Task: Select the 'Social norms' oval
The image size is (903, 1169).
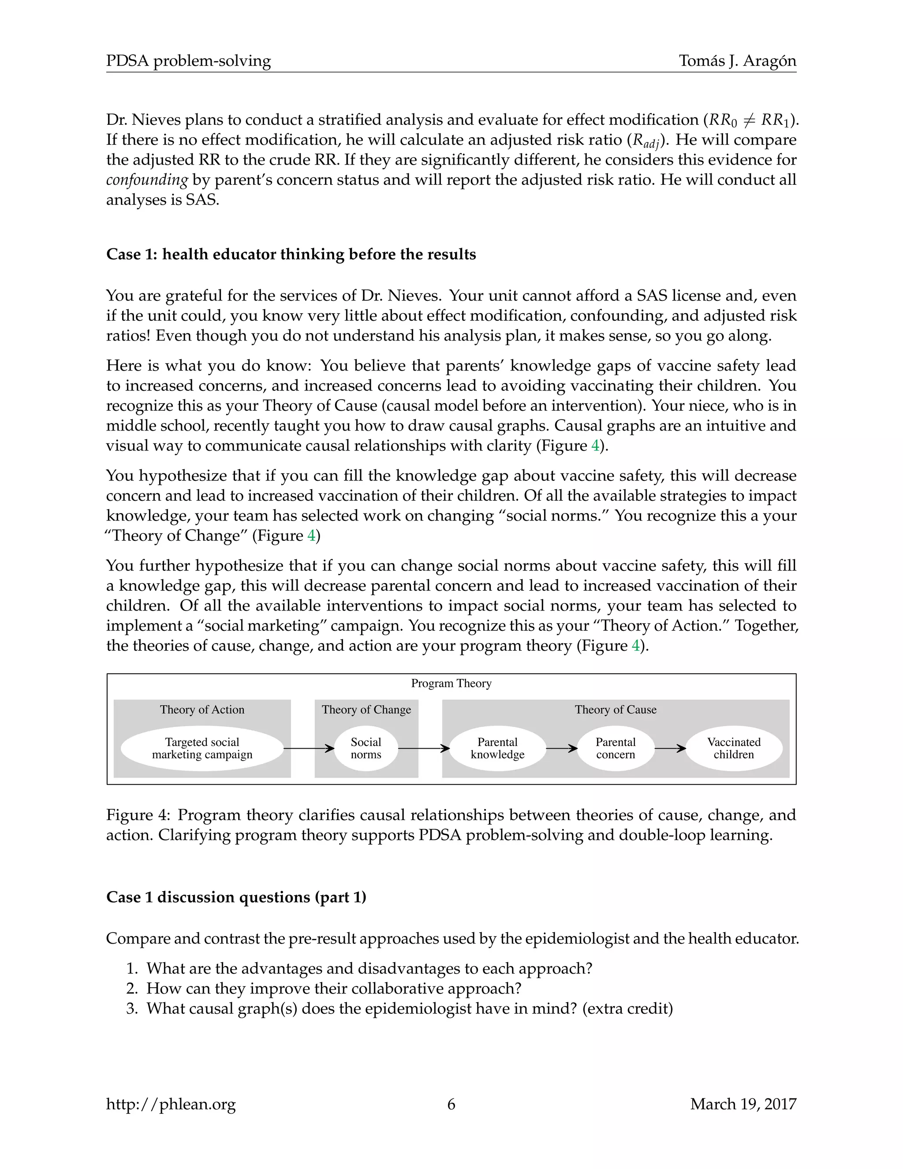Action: (x=366, y=748)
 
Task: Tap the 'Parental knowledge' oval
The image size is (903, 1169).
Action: (x=497, y=748)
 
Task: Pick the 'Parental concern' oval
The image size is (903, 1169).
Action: (x=615, y=748)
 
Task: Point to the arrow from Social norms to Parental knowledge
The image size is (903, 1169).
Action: (x=424, y=748)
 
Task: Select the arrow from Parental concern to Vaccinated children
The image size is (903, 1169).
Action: (x=670, y=748)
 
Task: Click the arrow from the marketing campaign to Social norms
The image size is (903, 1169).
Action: (x=309, y=748)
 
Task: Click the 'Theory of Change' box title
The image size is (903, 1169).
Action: (x=366, y=709)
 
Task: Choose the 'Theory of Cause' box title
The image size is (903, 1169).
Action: (x=615, y=709)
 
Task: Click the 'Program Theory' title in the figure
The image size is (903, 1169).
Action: (x=451, y=683)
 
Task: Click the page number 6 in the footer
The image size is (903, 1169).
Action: (x=451, y=1104)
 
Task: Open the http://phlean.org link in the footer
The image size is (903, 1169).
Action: (x=171, y=1104)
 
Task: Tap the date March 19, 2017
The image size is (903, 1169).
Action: (x=743, y=1104)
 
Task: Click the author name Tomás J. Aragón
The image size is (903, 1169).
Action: (x=737, y=61)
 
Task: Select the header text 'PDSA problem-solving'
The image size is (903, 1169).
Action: (x=188, y=61)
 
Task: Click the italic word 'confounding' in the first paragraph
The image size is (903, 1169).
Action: (x=146, y=180)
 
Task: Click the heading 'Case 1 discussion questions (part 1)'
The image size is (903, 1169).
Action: (x=236, y=897)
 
